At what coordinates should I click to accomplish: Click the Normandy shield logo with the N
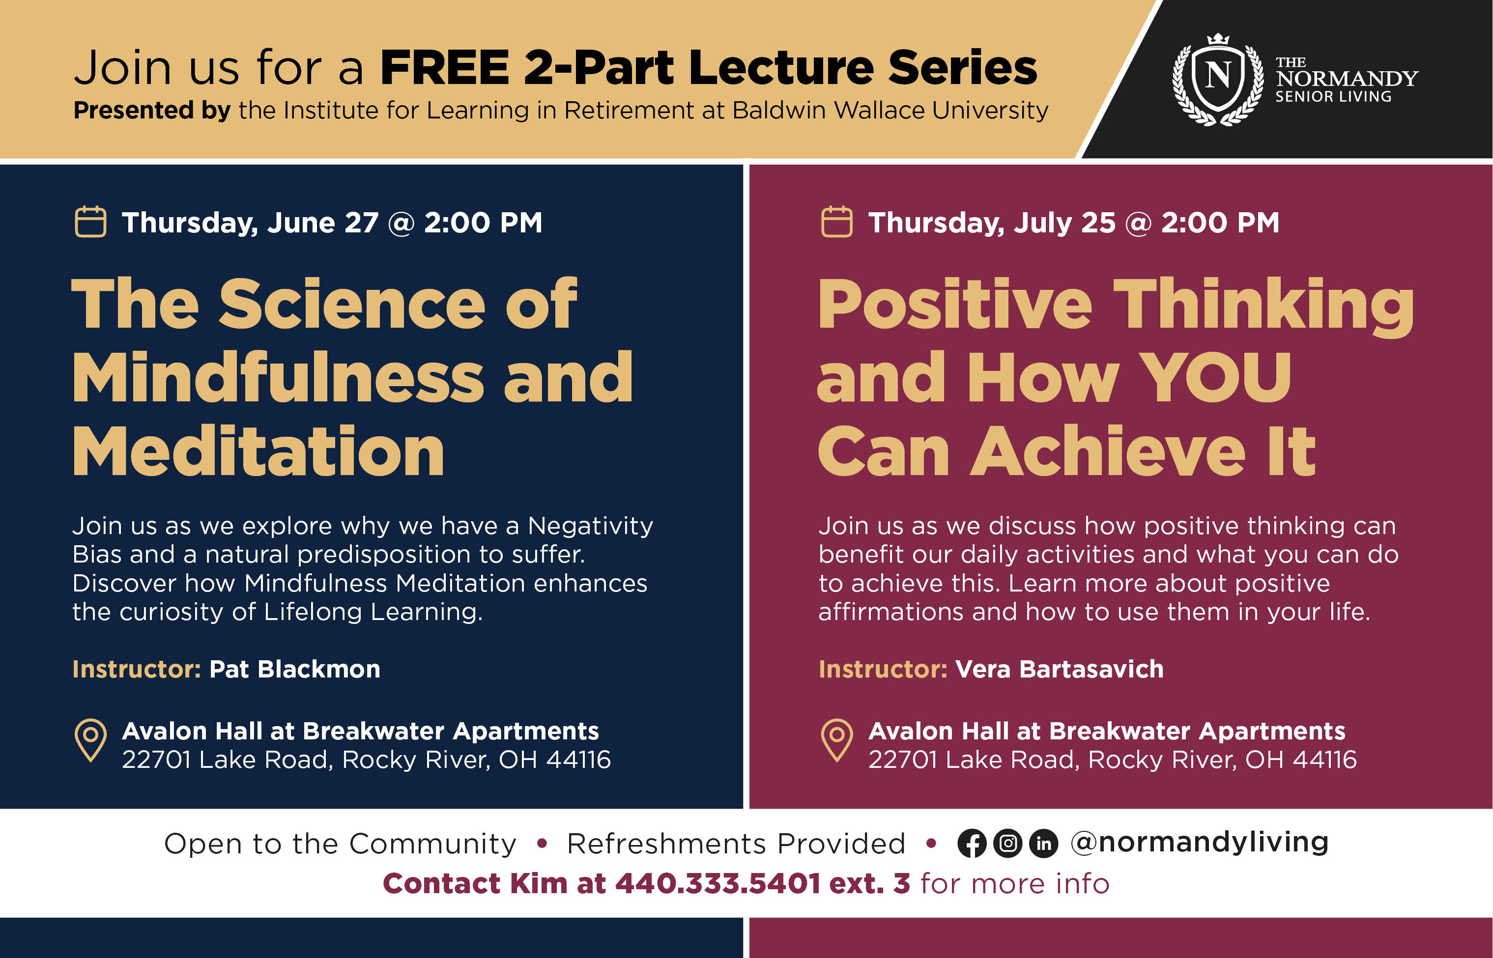[1218, 79]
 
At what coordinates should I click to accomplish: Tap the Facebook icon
[972, 844]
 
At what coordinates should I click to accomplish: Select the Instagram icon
[1008, 844]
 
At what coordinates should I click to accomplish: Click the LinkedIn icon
[1044, 844]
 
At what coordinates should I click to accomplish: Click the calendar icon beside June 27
[90, 222]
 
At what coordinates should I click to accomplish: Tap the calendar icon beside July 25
[837, 222]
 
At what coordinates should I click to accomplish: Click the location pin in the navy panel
[91, 740]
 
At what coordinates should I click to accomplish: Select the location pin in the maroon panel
[837, 740]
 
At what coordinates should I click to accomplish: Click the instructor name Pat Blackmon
[295, 669]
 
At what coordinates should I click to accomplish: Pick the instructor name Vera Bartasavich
[1060, 669]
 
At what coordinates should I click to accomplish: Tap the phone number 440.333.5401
[718, 883]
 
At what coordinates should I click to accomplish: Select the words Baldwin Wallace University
[890, 111]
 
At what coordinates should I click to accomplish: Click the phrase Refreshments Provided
[736, 844]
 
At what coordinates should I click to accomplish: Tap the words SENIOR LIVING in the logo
[1333, 96]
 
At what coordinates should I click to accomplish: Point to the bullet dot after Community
[542, 844]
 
